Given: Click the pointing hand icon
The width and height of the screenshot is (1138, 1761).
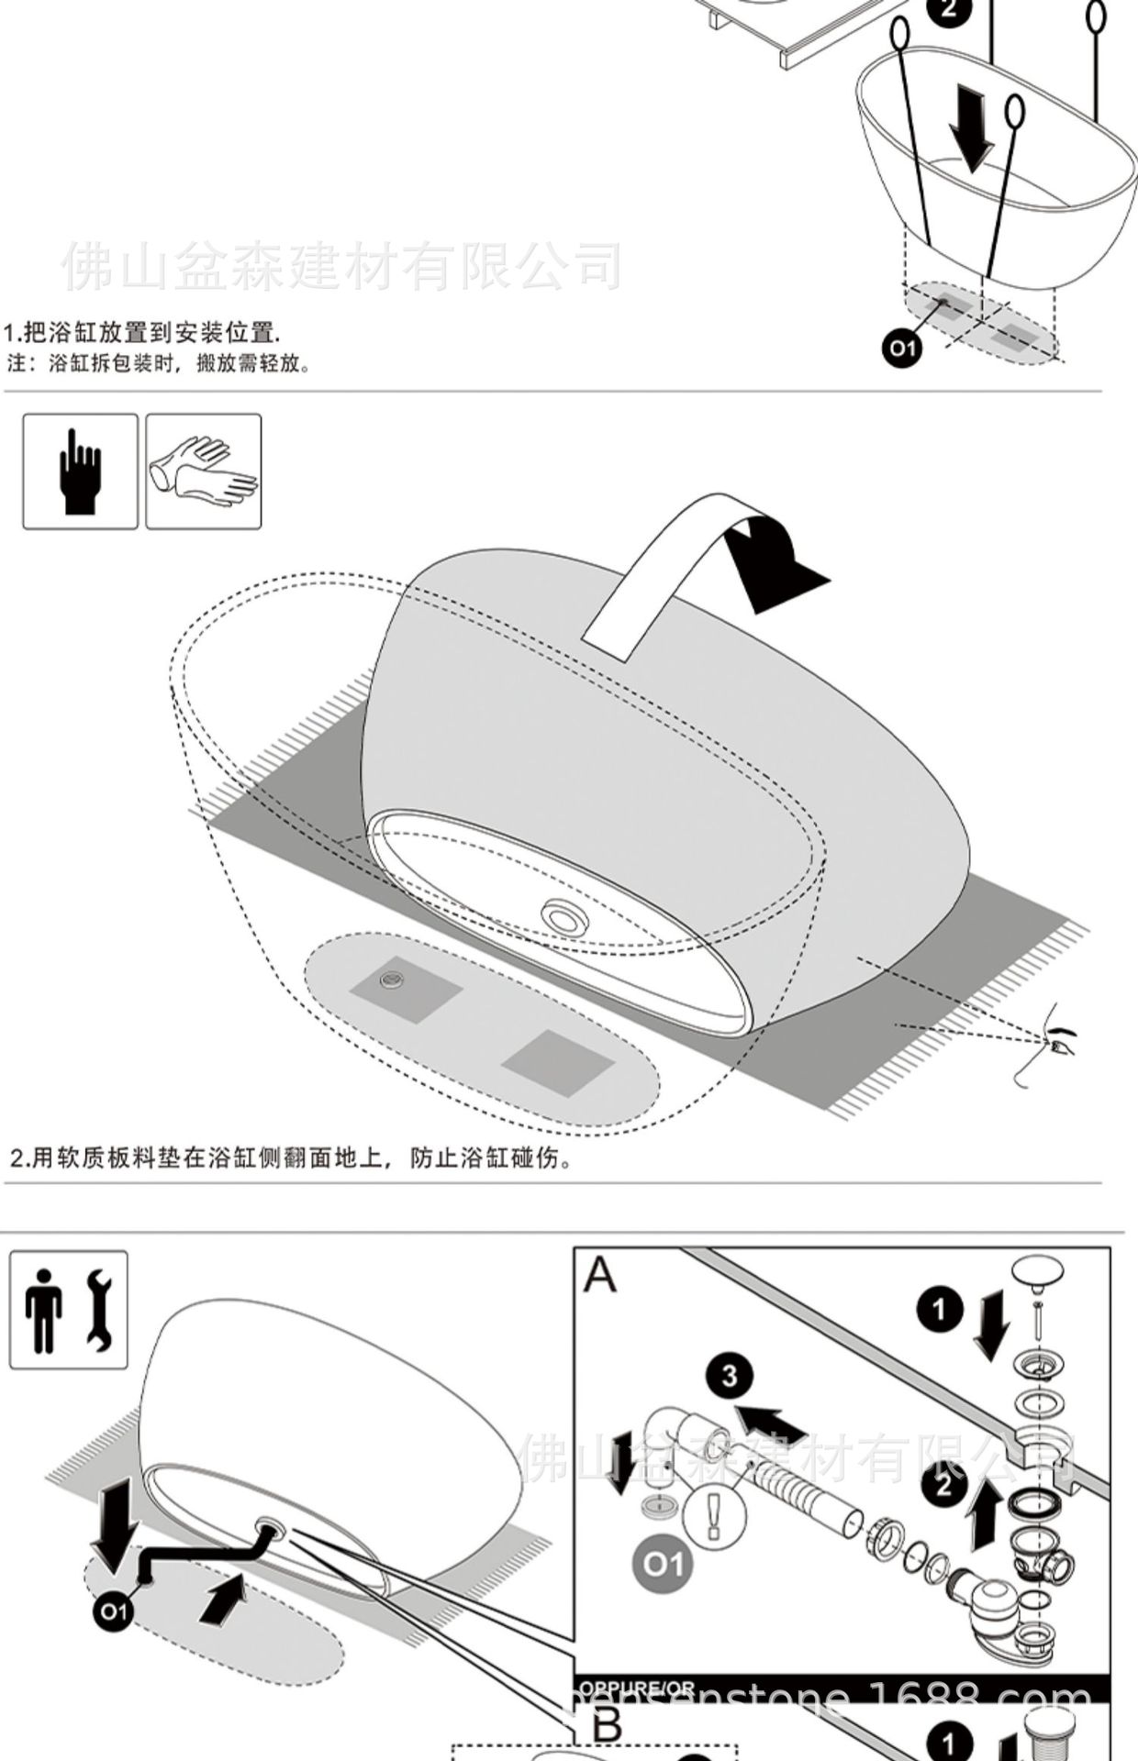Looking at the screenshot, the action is click(80, 471).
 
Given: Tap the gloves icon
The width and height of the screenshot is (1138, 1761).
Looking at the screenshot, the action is click(204, 471).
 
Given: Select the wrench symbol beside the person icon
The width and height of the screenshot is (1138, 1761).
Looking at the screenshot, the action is click(98, 1311).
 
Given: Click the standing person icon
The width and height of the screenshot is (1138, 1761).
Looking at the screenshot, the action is click(44, 1311).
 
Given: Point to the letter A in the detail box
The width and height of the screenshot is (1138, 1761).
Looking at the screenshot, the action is click(600, 1274).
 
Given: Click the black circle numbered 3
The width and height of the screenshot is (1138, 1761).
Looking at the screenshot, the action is click(730, 1376).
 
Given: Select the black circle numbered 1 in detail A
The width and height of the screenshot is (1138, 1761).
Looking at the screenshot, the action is click(939, 1310).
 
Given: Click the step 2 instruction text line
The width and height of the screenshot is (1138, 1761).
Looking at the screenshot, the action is click(292, 1158).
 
